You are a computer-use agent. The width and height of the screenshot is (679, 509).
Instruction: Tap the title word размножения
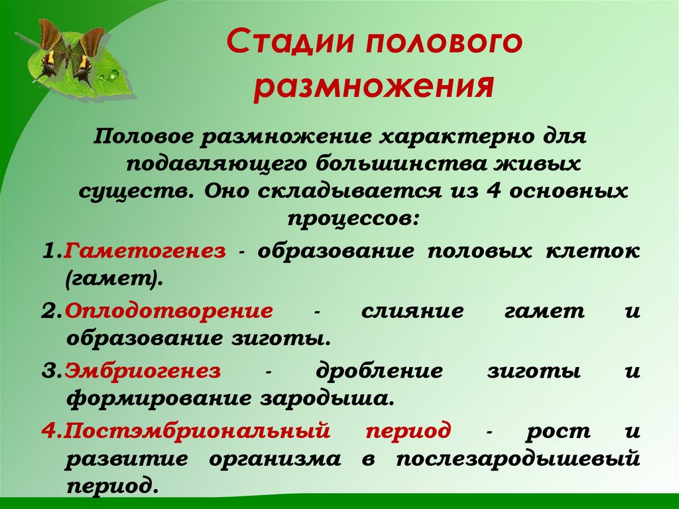373,88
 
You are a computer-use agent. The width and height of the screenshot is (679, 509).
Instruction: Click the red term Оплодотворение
169,311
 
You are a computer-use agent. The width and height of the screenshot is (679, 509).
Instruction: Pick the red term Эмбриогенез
142,371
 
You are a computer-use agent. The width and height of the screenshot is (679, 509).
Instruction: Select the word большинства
385,163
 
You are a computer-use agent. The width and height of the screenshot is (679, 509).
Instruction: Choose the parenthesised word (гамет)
114,279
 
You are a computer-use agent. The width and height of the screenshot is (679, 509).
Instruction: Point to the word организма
278,458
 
